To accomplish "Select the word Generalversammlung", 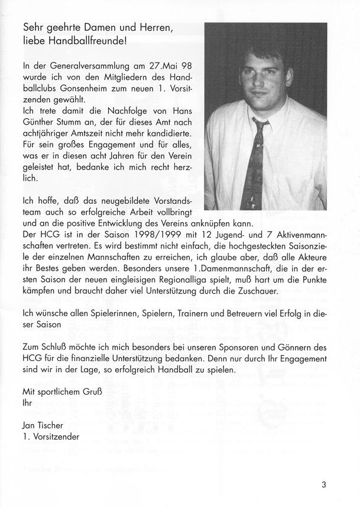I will pos(86,66).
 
